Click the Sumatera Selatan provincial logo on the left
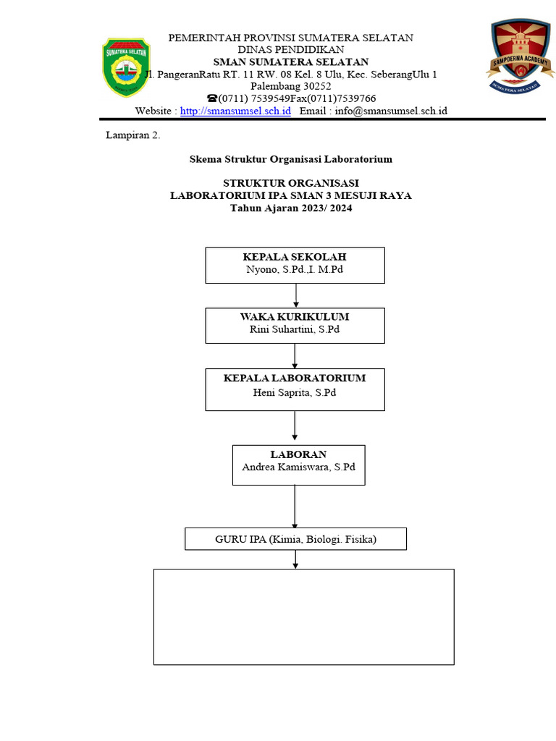point(127,67)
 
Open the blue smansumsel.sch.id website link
point(235,111)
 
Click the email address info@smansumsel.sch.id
point(391,111)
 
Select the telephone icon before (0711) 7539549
point(211,98)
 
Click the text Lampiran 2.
point(133,135)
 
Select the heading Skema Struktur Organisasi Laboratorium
point(290,159)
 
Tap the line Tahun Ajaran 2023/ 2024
point(291,208)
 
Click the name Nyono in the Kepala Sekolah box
point(261,269)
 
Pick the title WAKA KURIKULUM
point(295,317)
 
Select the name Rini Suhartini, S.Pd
point(295,329)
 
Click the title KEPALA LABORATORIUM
point(295,378)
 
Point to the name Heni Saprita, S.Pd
point(295,392)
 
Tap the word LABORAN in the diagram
point(298,454)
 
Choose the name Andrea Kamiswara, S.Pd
point(298,467)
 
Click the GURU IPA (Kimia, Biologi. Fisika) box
point(295,539)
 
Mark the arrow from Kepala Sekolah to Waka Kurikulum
point(295,295)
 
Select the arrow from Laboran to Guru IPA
point(295,507)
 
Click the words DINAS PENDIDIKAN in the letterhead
point(291,49)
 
